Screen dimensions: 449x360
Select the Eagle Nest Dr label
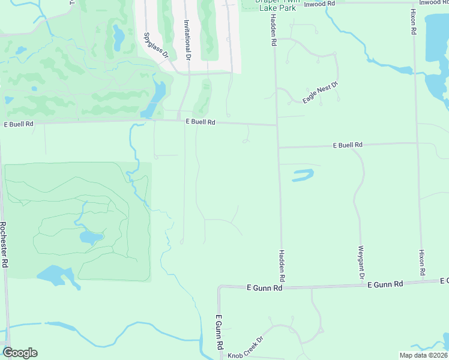point(321,92)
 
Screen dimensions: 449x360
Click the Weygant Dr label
point(361,262)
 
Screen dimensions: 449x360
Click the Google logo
point(20,353)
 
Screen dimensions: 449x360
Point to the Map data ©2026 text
point(423,355)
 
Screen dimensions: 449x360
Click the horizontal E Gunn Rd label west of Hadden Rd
point(265,288)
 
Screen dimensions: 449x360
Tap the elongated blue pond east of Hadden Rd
point(303,175)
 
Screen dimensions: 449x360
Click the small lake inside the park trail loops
point(90,238)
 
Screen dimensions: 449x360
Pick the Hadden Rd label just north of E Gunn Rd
point(281,266)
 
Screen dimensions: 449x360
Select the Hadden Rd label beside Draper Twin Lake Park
point(273,33)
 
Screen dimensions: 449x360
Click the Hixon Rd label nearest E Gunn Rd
point(422,263)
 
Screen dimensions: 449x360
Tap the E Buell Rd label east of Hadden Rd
point(348,145)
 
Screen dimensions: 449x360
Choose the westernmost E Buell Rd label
point(19,124)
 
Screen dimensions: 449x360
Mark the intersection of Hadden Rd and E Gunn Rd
point(281,287)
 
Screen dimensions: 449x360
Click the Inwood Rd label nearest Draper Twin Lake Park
point(319,4)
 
